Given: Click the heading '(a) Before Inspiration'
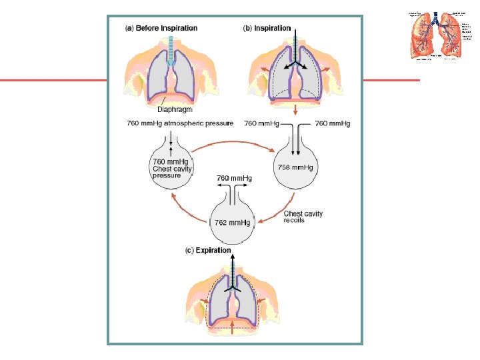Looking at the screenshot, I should click(162, 28).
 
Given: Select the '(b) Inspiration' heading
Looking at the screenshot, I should click(267, 28).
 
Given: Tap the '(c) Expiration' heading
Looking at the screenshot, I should click(208, 251).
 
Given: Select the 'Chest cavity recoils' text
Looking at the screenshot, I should click(303, 217).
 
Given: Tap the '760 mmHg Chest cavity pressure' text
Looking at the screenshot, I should click(173, 169).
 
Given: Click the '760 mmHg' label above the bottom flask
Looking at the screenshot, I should click(233, 178).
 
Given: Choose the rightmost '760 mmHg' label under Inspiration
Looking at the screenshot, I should click(333, 123).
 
